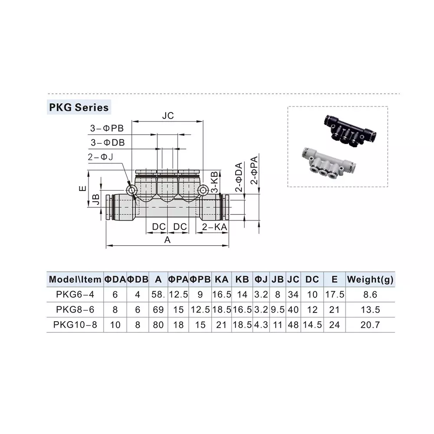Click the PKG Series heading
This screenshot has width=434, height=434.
click(78, 107)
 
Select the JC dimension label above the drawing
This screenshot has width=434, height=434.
click(168, 116)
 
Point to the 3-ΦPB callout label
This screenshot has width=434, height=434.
click(107, 128)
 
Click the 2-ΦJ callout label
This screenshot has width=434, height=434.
click(100, 157)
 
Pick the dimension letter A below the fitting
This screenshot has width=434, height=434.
click(168, 240)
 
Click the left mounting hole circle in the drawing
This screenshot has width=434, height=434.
click(132, 190)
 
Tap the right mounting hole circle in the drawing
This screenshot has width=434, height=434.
click(203, 190)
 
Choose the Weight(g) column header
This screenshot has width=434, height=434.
click(370, 279)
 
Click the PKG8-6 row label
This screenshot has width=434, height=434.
click(75, 309)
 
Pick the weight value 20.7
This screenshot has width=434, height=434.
click(370, 324)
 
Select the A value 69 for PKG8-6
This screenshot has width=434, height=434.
click(158, 309)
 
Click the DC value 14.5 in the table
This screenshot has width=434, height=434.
click(312, 324)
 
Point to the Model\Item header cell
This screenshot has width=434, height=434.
click(75, 279)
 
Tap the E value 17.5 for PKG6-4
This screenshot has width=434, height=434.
click(334, 295)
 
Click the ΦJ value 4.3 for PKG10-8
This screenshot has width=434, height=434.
click(261, 324)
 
